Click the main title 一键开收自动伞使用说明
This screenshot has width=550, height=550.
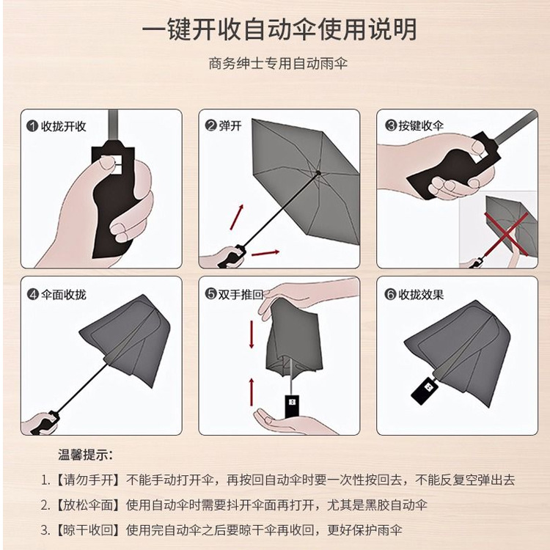[x=279, y=29]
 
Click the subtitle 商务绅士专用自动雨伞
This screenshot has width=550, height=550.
[x=277, y=64]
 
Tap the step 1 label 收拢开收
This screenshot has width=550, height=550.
[x=62, y=126]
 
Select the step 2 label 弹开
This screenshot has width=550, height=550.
[x=230, y=126]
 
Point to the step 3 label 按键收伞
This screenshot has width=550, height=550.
[x=421, y=126]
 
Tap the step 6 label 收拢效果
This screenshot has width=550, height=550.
[x=421, y=295]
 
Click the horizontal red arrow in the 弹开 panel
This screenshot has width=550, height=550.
[x=265, y=253]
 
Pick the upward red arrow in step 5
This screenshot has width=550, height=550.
[x=252, y=389]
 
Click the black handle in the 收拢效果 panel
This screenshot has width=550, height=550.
[x=425, y=389]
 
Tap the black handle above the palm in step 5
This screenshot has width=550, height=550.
[x=292, y=404]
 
